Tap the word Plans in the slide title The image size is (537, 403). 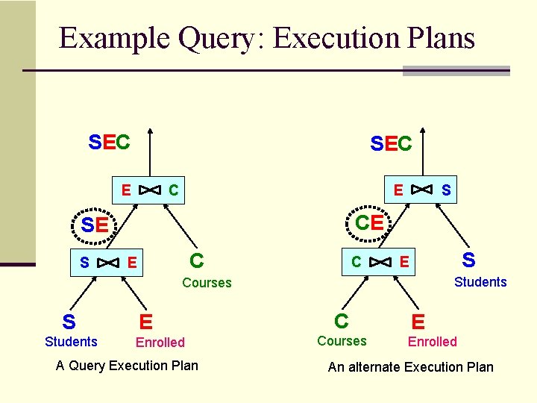[437, 39]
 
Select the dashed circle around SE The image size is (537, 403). [95, 223]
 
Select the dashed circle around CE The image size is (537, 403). [369, 222]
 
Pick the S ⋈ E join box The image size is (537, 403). [108, 262]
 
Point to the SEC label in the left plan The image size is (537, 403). [109, 142]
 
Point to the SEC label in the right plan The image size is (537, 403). [391, 143]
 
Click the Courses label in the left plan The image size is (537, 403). [207, 283]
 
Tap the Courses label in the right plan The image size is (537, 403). [342, 341]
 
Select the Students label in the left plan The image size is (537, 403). [71, 342]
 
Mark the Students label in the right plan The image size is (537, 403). [480, 282]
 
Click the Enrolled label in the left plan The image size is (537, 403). [160, 343]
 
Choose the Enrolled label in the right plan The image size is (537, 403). [432, 342]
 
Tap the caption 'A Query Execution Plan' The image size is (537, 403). [127, 366]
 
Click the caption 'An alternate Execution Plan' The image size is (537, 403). [410, 366]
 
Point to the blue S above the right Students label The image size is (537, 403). [468, 260]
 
